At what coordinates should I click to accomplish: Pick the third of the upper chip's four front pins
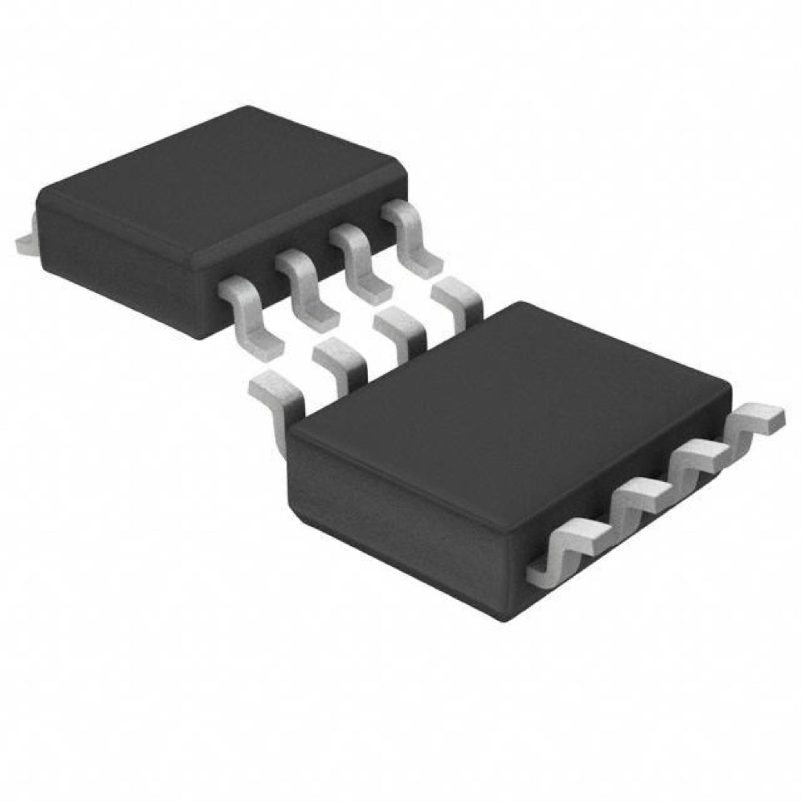361,266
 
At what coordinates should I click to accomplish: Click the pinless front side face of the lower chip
394,519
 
